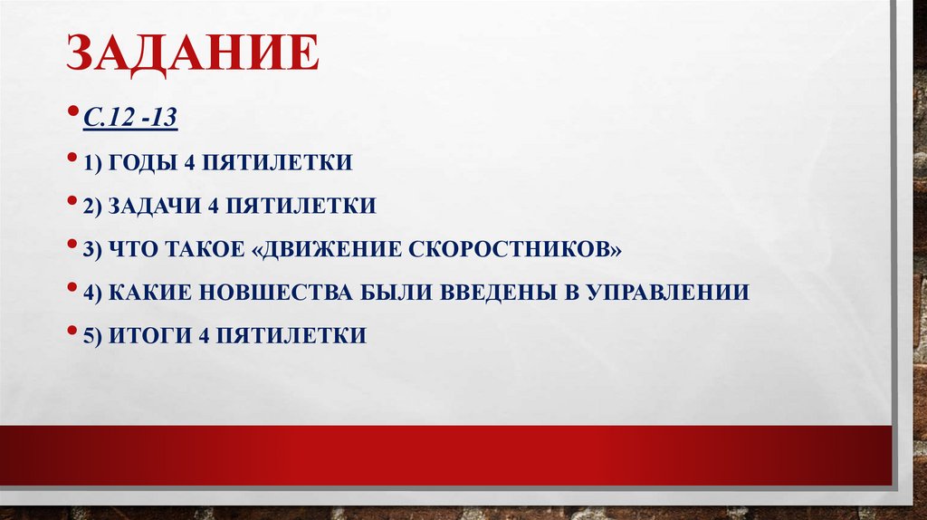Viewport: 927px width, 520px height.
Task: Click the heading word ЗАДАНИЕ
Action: click(191, 54)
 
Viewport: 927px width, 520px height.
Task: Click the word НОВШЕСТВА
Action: click(274, 293)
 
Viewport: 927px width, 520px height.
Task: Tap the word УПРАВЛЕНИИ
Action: click(665, 293)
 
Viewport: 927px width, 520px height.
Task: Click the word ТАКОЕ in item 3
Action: click(209, 249)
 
